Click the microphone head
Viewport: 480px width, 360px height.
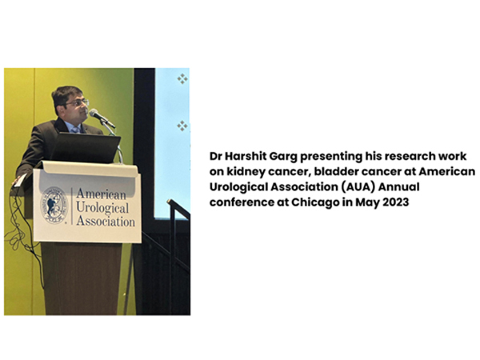point(94,113)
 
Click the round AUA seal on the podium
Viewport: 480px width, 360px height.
point(54,205)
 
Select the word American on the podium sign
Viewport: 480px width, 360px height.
point(101,194)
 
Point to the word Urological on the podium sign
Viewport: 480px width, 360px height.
point(102,208)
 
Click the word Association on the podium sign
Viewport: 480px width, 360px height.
point(106,221)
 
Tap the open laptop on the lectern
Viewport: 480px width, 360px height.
point(85,147)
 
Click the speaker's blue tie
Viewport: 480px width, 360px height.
point(75,130)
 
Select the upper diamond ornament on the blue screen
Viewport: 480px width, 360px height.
point(182,79)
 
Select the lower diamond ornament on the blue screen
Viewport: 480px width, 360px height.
point(182,126)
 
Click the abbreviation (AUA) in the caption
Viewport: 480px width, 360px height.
point(358,187)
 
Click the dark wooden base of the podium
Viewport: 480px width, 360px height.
point(82,278)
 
